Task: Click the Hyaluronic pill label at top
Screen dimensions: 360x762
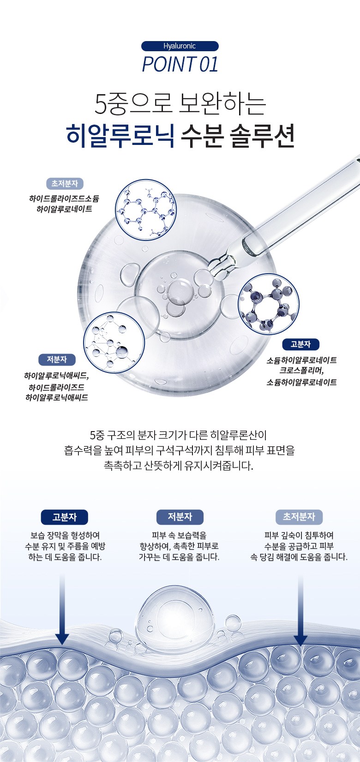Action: [x=180, y=46]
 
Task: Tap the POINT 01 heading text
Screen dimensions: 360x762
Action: [x=180, y=64]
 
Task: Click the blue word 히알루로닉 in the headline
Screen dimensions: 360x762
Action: [x=120, y=135]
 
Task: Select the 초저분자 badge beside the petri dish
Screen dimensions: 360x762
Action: [x=65, y=184]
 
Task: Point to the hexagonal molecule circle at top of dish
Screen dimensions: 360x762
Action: [x=146, y=210]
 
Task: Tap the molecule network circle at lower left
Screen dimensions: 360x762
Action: [x=114, y=342]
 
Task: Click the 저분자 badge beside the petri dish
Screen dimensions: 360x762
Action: [x=57, y=360]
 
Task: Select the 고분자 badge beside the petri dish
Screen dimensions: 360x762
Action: [x=301, y=344]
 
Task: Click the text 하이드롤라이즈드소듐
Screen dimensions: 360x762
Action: [x=64, y=198]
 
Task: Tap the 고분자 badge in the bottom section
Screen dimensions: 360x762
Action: [x=64, y=517]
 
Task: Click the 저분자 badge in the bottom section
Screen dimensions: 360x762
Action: [x=180, y=517]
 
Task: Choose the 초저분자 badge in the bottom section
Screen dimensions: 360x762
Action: [x=299, y=517]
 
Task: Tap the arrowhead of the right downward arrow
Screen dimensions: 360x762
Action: [x=301, y=640]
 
